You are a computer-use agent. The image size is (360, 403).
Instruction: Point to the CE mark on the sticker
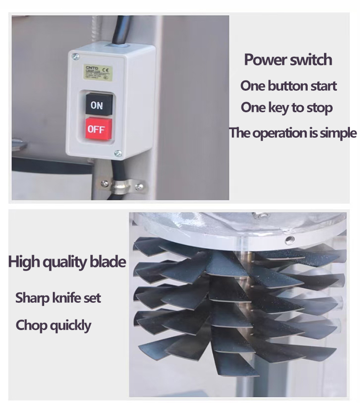coord(106,70)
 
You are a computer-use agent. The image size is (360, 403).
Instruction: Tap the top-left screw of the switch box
coord(75,57)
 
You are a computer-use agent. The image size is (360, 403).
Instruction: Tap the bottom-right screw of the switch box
coord(118,154)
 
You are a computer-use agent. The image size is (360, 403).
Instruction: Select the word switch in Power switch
coord(311,60)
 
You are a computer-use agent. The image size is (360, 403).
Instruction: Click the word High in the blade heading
coord(24,262)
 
